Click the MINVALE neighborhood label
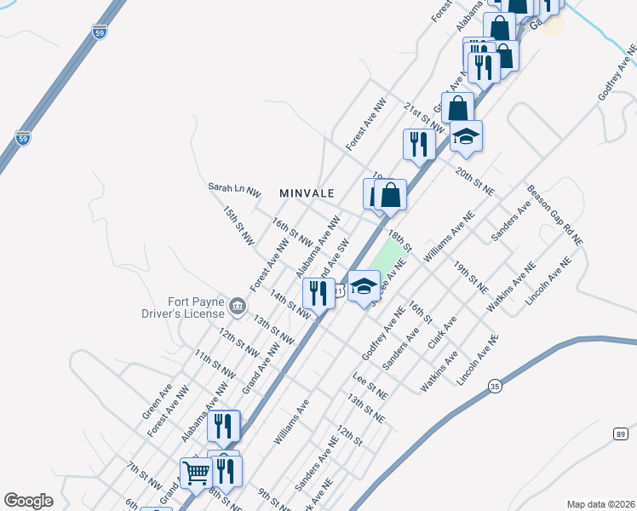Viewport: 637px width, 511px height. (307, 193)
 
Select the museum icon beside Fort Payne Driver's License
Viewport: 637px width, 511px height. (237, 306)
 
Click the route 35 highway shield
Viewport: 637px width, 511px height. (495, 386)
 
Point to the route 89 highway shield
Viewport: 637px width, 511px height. (620, 434)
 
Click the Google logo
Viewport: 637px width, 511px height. (28, 501)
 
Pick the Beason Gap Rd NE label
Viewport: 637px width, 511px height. (554, 216)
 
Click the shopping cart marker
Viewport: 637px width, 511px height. (196, 474)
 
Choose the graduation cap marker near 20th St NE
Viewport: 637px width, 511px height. (466, 137)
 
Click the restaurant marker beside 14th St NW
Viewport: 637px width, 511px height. (318, 294)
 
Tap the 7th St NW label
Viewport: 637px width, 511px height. (145, 474)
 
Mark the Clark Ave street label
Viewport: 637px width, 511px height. (442, 332)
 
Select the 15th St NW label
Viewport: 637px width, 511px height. (238, 226)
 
